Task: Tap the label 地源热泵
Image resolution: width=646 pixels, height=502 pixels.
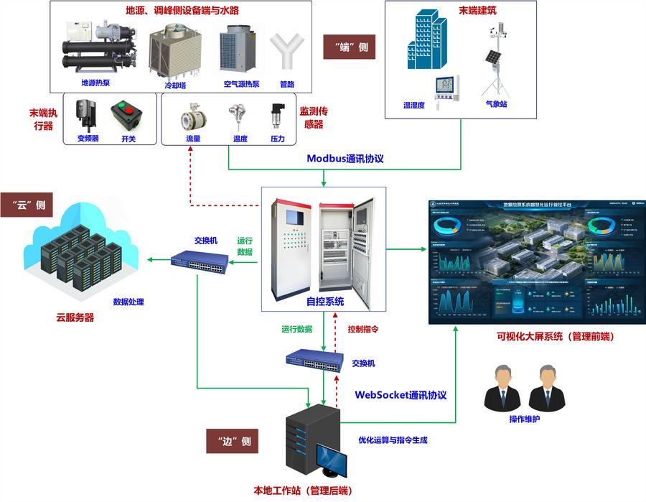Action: point(95,83)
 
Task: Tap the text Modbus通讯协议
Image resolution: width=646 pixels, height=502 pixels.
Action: point(345,159)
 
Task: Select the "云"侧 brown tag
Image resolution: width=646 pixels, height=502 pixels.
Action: point(29,205)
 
